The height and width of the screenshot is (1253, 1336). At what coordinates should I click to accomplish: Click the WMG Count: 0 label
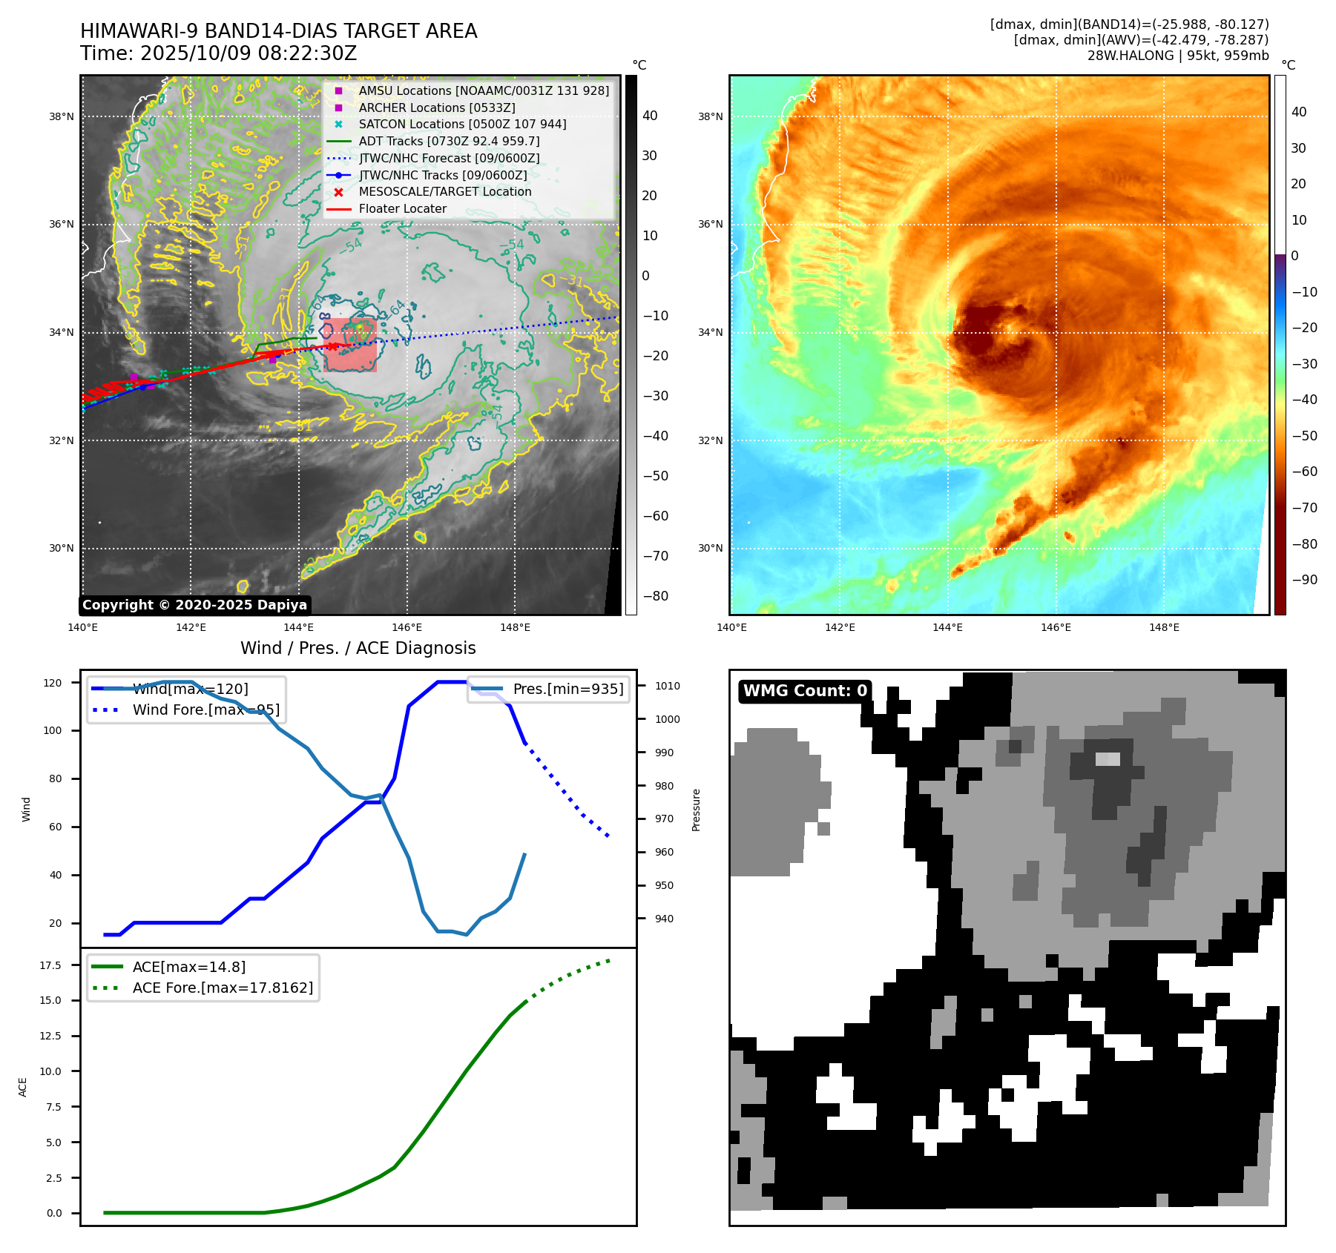coord(805,691)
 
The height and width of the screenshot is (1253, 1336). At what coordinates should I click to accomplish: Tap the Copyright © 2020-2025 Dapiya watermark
coord(194,605)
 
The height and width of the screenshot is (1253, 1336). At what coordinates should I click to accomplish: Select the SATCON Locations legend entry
coord(462,125)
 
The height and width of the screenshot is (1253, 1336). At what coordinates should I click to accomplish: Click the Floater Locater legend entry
coord(402,209)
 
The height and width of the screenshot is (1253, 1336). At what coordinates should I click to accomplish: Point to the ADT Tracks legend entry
coord(449,142)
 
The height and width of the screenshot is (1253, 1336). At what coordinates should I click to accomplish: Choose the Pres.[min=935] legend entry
coord(567,690)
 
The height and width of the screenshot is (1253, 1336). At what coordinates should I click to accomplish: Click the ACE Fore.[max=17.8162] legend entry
coord(223,988)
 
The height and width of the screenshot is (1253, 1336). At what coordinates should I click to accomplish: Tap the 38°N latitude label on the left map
coord(62,116)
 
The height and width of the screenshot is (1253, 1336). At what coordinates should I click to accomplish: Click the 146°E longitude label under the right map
coord(1056,627)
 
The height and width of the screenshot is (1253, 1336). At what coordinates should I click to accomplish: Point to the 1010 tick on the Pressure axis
coord(667,686)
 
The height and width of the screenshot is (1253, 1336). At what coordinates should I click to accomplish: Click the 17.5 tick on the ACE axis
coord(50,965)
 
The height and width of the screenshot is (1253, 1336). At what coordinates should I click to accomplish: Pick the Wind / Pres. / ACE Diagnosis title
coord(358,649)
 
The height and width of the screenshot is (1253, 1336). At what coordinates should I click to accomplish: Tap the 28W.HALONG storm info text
coord(1177,56)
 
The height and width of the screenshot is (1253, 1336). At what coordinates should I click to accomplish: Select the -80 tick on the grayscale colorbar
coord(656,596)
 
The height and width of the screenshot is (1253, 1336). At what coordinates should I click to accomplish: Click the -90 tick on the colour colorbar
coord(1304,580)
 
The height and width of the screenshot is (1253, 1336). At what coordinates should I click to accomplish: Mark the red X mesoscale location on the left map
coord(333,346)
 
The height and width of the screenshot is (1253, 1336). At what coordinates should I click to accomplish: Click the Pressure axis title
coord(696,810)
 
